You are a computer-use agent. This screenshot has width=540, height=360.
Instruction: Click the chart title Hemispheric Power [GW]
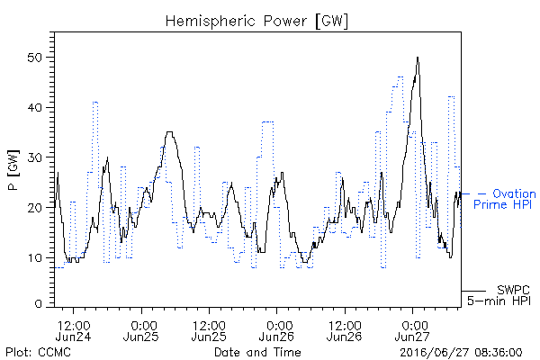(256, 22)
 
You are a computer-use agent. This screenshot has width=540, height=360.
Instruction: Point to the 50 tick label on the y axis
(34, 58)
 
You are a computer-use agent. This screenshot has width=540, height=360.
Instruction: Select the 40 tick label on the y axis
(34, 107)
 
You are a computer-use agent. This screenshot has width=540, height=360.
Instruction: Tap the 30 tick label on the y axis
(34, 157)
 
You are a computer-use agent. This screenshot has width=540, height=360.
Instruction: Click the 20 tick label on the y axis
(34, 208)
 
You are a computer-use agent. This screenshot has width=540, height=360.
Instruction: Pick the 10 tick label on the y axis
(34, 257)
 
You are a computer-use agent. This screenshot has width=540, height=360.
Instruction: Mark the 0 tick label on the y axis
(38, 304)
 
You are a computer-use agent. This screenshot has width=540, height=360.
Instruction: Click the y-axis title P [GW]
(13, 170)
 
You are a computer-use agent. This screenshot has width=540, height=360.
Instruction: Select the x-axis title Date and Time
(257, 352)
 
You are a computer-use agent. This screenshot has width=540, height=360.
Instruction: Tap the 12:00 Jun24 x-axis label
(73, 330)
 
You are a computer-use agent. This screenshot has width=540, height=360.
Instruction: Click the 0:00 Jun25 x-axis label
(141, 330)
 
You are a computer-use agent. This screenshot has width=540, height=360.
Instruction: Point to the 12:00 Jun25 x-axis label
(209, 330)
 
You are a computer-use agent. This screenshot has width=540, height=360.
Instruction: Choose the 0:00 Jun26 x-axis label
(276, 330)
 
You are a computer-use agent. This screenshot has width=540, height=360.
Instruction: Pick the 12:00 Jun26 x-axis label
(345, 330)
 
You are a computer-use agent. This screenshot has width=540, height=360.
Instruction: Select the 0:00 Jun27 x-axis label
(412, 330)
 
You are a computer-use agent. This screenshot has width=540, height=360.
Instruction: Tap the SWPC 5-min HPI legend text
(499, 295)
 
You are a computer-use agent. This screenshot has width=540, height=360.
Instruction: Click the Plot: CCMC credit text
(38, 352)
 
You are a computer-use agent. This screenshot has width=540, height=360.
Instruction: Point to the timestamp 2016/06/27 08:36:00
(461, 353)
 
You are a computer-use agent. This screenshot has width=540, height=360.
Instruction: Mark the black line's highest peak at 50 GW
(418, 58)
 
